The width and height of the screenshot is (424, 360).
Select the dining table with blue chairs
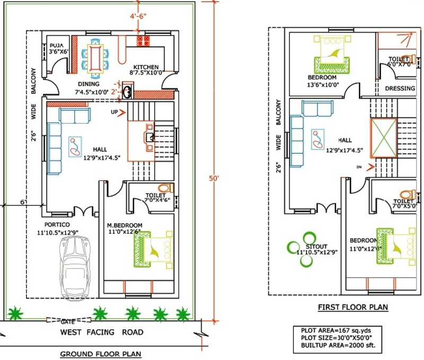click(x=96, y=55)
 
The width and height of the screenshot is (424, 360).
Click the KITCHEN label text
click(x=146, y=67)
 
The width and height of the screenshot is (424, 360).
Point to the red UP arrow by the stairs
click(x=122, y=112)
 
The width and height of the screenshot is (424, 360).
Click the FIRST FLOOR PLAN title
click(x=352, y=307)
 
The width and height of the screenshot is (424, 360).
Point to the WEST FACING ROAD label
click(x=101, y=332)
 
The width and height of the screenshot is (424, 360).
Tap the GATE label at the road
click(x=67, y=321)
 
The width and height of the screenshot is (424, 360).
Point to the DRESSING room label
click(x=400, y=88)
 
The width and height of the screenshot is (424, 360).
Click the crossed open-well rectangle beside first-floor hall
click(x=383, y=138)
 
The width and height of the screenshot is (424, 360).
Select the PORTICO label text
click(x=53, y=224)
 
